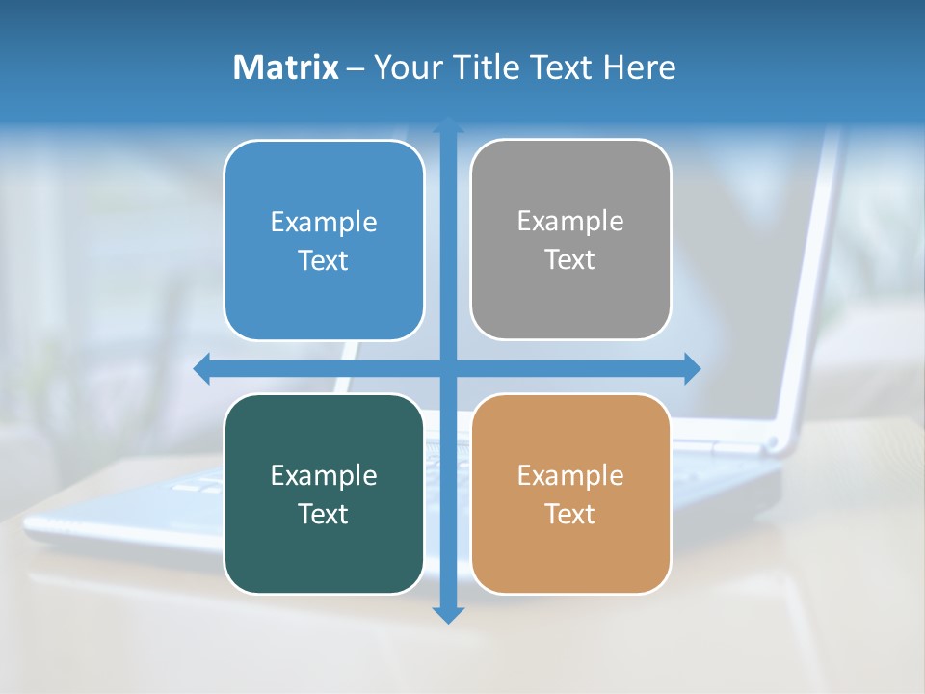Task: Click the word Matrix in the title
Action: [x=286, y=67]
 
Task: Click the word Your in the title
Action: [x=406, y=67]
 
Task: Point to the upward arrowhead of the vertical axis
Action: [x=448, y=123]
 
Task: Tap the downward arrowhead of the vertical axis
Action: [x=448, y=615]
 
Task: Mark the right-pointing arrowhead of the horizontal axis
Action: [x=692, y=368]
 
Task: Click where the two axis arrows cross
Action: [x=448, y=368]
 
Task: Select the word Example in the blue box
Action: [x=324, y=223]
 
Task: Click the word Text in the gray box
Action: [x=570, y=260]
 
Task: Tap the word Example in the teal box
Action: [x=324, y=476]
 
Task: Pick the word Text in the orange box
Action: [x=570, y=515]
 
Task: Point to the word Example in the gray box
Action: [x=570, y=222]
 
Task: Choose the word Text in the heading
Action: [x=563, y=67]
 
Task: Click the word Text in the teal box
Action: [x=324, y=515]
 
